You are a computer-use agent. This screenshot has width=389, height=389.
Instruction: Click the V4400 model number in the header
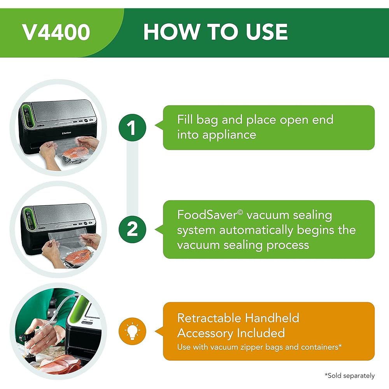pyautogui.click(x=56, y=33)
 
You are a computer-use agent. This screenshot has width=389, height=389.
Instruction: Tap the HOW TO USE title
pyautogui.click(x=216, y=32)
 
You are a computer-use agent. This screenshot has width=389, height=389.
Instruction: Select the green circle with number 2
pyautogui.click(x=133, y=229)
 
